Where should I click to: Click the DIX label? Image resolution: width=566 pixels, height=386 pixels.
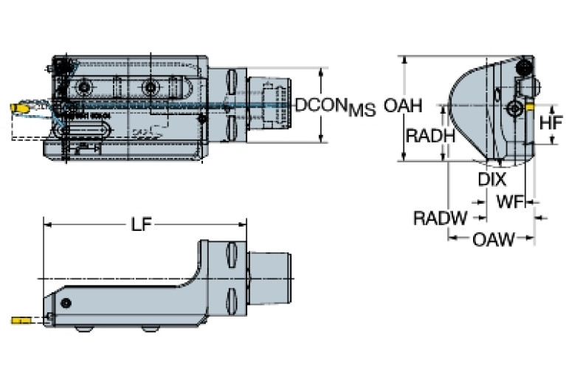pyautogui.click(x=491, y=179)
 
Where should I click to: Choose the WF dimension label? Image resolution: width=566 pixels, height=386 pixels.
pyautogui.click(x=511, y=201)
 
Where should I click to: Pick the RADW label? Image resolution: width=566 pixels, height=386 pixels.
pyautogui.click(x=440, y=218)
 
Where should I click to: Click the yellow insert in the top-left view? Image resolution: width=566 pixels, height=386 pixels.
pyautogui.click(x=19, y=108)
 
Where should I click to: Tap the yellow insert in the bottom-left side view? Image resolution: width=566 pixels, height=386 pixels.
pyautogui.click(x=20, y=320)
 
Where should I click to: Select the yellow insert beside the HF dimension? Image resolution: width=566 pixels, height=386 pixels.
pyautogui.click(x=529, y=107)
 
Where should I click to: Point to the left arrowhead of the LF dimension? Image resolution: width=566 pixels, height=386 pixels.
pyautogui.click(x=46, y=225)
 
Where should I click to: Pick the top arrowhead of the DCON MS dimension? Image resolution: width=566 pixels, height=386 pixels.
pyautogui.click(x=322, y=72)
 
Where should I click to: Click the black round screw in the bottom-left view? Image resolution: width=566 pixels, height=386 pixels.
pyautogui.click(x=67, y=303)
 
